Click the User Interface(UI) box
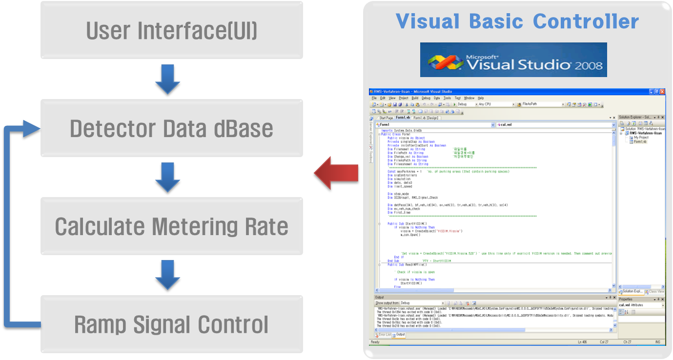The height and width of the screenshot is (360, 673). tap(171, 30)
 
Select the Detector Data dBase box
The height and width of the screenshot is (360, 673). tap(171, 129)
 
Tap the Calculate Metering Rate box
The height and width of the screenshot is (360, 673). tap(171, 227)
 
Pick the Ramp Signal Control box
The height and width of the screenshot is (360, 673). tap(171, 325)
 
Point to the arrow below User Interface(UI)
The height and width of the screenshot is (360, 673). tap(168, 79)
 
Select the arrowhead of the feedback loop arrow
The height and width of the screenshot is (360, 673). tap(32, 129)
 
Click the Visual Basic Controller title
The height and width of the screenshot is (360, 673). tap(517, 21)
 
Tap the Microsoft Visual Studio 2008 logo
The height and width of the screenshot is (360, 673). tap(513, 60)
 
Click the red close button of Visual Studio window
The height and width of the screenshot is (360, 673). tap(662, 92)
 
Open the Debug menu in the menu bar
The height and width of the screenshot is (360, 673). tap(426, 98)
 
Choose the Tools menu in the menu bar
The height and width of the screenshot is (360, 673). tap(447, 98)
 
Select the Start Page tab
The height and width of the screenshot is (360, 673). tap(386, 118)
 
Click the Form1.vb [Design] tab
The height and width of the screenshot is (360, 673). tap(426, 118)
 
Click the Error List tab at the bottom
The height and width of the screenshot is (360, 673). tap(385, 335)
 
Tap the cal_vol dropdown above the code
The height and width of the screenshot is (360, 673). tap(556, 125)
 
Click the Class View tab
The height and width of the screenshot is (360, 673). tap(656, 292)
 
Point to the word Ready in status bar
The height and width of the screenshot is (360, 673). tap(375, 342)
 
